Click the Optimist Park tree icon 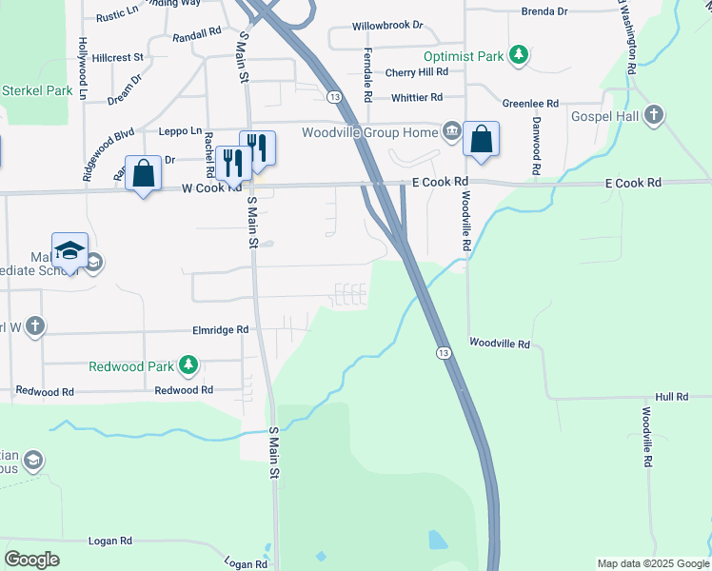[x=518, y=55]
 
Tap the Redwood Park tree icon [x=188, y=365]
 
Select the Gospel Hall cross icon [x=652, y=115]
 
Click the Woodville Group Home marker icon [x=451, y=129]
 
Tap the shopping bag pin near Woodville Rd [x=482, y=139]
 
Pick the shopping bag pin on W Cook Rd [x=143, y=173]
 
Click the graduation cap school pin [x=70, y=250]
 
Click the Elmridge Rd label [x=221, y=329]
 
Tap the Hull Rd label [x=671, y=396]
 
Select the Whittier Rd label [x=417, y=97]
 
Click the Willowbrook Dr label [x=386, y=25]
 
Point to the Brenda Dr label [x=544, y=11]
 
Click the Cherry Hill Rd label [x=416, y=72]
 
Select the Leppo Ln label [x=180, y=130]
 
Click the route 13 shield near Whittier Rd [x=334, y=97]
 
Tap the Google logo [x=32, y=560]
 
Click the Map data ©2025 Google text [x=652, y=563]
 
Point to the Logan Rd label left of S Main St [x=110, y=541]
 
